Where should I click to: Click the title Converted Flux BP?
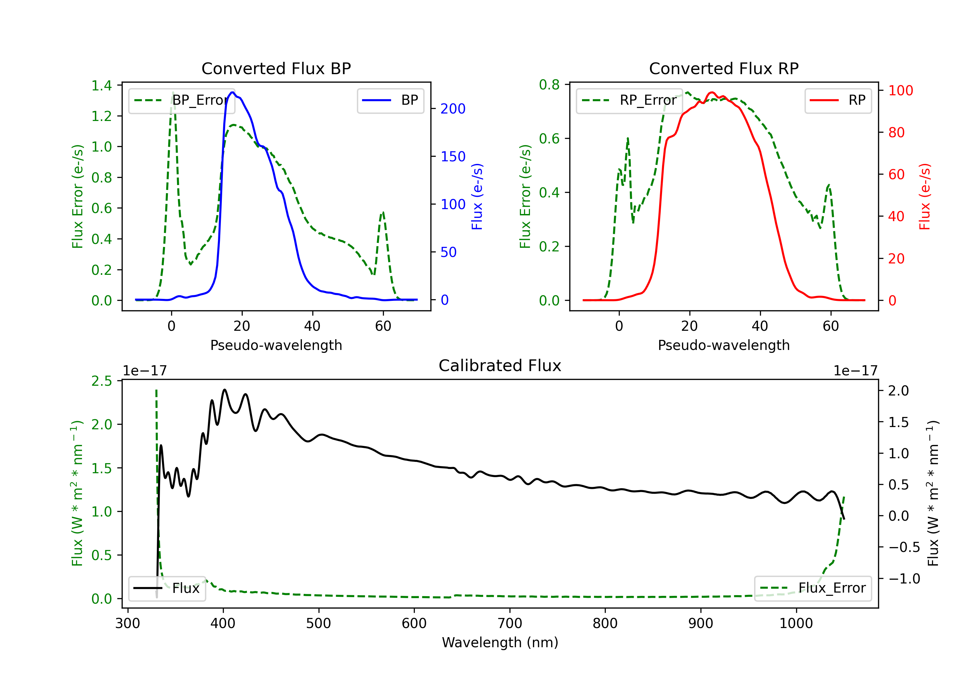(x=276, y=68)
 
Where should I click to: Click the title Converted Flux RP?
(x=724, y=68)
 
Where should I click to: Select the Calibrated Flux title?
(x=500, y=366)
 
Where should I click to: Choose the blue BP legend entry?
(x=390, y=100)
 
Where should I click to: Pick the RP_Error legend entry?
(x=629, y=100)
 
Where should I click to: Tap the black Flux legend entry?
(x=167, y=588)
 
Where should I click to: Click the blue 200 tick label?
(x=453, y=109)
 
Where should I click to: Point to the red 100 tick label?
(x=901, y=90)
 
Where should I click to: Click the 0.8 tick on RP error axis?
(x=549, y=85)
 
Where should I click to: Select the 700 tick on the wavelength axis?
(x=510, y=623)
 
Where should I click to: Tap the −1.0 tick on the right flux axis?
(x=904, y=579)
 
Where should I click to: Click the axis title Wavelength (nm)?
(x=500, y=642)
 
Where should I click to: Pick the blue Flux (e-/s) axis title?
(x=477, y=197)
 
